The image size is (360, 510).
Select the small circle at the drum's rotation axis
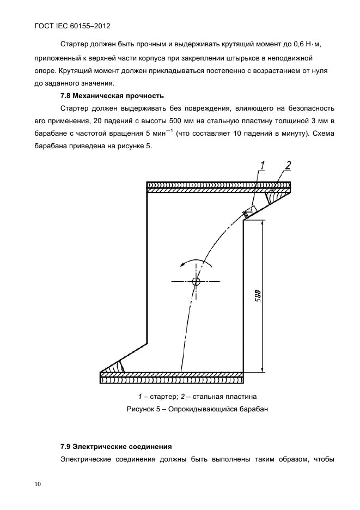(196, 281)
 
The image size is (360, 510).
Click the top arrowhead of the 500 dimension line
(263, 222)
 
